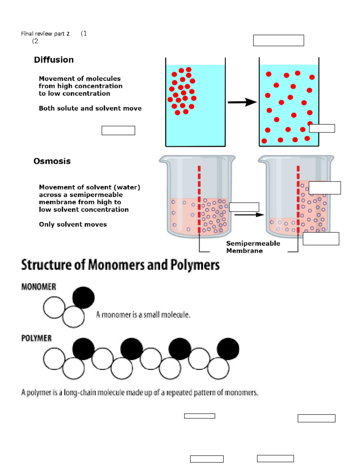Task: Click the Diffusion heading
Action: [x=54, y=60]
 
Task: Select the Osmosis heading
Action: [x=52, y=161]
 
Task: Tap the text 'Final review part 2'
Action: [x=45, y=34]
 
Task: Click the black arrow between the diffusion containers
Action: [x=242, y=102]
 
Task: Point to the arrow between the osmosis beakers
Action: [x=249, y=215]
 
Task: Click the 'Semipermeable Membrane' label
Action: [x=253, y=247]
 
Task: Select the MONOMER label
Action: [x=38, y=287]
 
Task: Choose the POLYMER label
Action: [x=36, y=338]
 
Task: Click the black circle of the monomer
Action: [x=83, y=297]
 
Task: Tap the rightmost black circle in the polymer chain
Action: [x=228, y=349]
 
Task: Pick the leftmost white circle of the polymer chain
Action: [x=54, y=358]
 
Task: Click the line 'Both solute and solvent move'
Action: [x=90, y=108]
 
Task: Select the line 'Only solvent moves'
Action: [x=73, y=224]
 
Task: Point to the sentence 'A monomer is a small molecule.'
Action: [x=143, y=315]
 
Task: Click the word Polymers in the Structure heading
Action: [x=195, y=265]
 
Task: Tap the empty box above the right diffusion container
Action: [x=278, y=41]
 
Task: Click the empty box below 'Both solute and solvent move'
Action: [x=118, y=131]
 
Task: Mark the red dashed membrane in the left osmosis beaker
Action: [x=199, y=200]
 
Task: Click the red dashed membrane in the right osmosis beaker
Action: [x=298, y=200]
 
